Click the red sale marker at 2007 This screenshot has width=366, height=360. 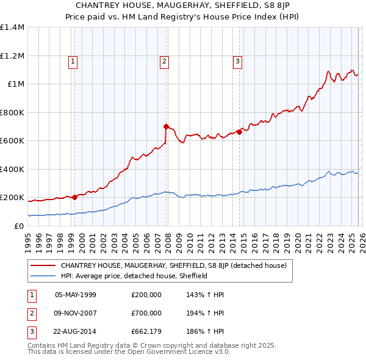click(x=166, y=127)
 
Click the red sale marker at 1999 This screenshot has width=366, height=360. click(x=74, y=197)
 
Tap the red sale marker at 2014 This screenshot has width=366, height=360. click(x=239, y=132)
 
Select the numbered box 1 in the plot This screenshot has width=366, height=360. click(x=73, y=60)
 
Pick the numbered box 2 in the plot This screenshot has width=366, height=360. click(x=165, y=60)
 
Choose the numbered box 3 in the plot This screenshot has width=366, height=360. click(x=237, y=60)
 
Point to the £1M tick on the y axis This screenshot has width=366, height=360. click(x=15, y=84)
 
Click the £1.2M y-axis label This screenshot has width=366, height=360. click(x=12, y=56)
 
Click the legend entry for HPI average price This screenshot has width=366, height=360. click(x=134, y=276)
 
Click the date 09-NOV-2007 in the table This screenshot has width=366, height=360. click(x=75, y=313)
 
